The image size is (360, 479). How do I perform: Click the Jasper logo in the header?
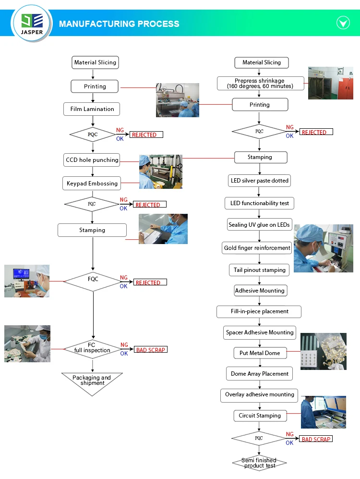pos(32,23)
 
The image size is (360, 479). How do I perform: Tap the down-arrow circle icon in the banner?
pos(343,23)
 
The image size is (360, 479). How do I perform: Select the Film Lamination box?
pos(92,109)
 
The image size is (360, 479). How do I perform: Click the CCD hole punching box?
pos(92,160)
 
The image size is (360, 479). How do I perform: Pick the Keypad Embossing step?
pos(92,184)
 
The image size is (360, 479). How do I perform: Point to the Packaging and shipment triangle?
pos(92,382)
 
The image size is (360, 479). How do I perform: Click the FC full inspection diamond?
pos(92,349)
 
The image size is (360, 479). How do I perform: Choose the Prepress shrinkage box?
pos(261,84)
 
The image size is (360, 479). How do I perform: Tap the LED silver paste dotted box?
pos(259,181)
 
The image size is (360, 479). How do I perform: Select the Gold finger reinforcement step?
pos(257,248)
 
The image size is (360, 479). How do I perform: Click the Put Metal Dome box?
pos(260,353)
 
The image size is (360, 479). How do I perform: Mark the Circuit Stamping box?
pos(260,416)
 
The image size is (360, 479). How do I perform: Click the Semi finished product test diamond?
pos(259,463)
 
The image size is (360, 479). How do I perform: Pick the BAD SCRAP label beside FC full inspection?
pos(150,350)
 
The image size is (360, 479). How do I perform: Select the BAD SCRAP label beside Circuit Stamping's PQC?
pos(316,439)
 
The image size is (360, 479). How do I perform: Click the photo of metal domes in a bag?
pos(324,351)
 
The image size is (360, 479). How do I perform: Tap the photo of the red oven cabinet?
pos(331,83)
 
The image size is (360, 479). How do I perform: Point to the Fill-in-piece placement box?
pos(259,312)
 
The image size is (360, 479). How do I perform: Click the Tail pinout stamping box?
pos(259,270)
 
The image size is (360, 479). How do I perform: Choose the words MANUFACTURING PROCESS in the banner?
pos(119,24)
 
